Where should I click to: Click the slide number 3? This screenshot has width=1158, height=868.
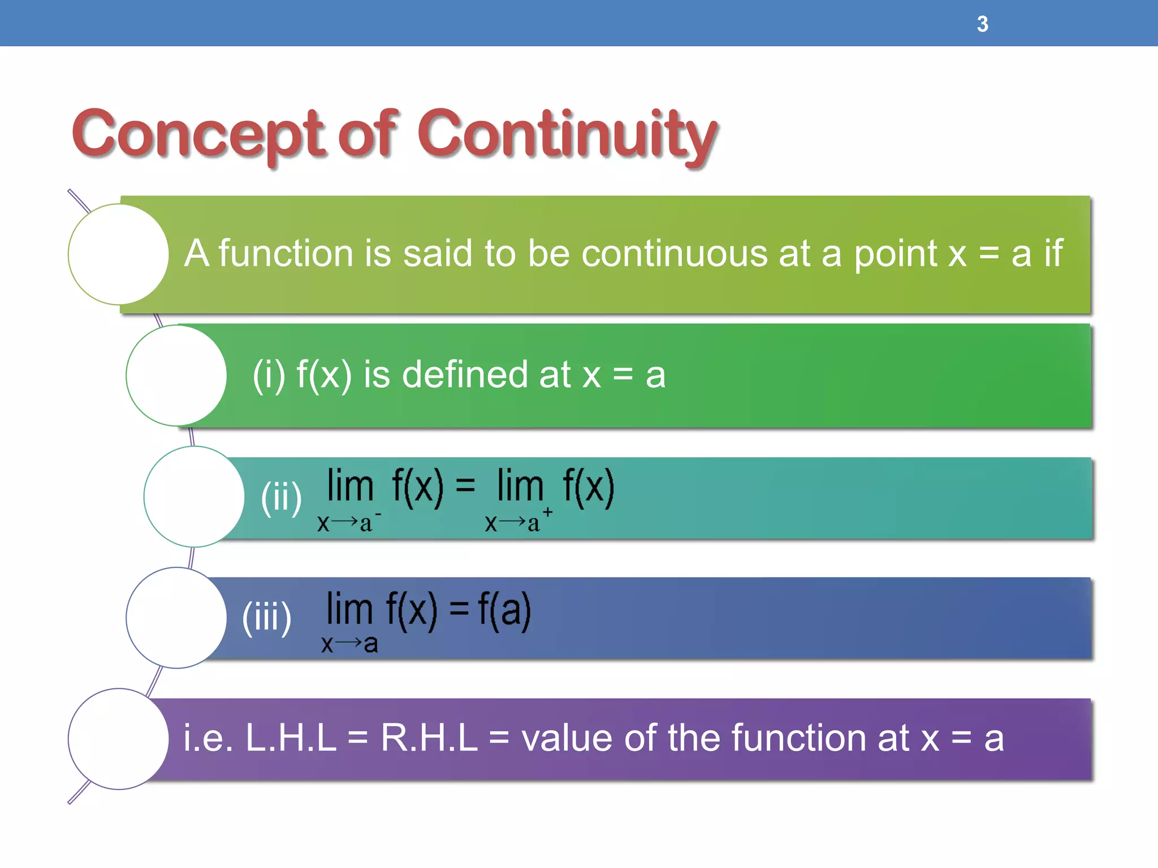(982, 24)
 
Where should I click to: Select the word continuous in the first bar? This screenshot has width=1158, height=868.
(674, 253)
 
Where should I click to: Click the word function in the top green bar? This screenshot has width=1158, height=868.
(286, 253)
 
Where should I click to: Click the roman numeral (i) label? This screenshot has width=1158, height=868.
(269, 375)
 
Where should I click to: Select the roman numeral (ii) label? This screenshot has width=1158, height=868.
(281, 497)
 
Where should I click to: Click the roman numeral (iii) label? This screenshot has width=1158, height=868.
(266, 617)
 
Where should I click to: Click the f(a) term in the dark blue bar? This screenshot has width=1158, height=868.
(504, 610)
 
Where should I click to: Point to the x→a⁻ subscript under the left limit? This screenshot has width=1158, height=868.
(348, 522)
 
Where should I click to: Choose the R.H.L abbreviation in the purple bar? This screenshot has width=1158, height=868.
(429, 738)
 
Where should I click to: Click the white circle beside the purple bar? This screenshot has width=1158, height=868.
(118, 739)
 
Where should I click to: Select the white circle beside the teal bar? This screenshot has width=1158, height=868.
(194, 497)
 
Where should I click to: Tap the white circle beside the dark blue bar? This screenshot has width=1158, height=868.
(176, 618)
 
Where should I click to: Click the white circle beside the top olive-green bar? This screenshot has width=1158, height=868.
(118, 254)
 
